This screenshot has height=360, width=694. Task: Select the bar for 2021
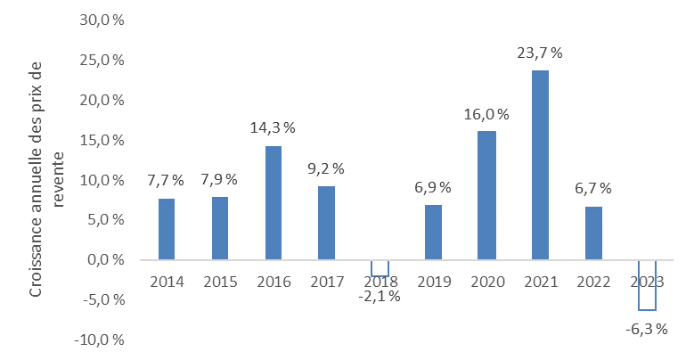(540, 165)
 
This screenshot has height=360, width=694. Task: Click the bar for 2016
(273, 202)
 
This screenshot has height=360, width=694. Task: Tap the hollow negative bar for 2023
(647, 285)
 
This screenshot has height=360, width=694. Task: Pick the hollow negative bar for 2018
(380, 268)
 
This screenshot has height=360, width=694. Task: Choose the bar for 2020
(486, 195)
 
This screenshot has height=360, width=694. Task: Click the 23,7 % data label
(540, 53)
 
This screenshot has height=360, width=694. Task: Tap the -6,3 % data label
(647, 330)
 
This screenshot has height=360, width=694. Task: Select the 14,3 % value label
(273, 127)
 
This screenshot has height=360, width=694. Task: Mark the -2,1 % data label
(380, 296)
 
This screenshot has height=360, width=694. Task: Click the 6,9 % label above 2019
(433, 187)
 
